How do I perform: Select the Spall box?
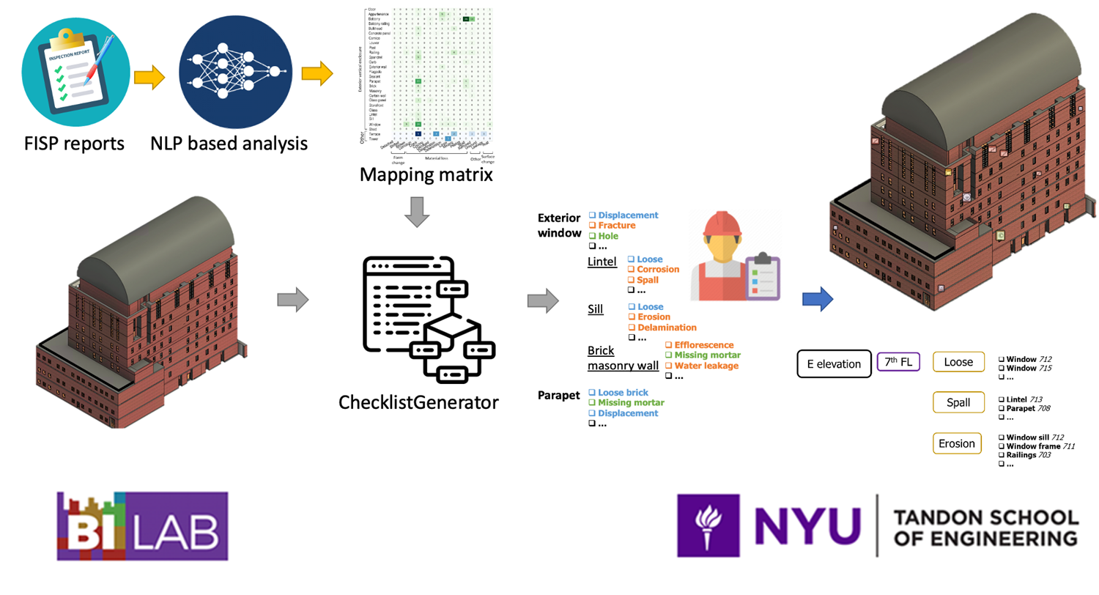(x=958, y=402)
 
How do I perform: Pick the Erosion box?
(x=958, y=443)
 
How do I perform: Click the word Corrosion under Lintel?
(x=658, y=270)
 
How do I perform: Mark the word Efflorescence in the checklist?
(x=703, y=344)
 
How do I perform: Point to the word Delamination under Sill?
(x=667, y=328)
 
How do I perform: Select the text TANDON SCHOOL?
(x=986, y=518)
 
